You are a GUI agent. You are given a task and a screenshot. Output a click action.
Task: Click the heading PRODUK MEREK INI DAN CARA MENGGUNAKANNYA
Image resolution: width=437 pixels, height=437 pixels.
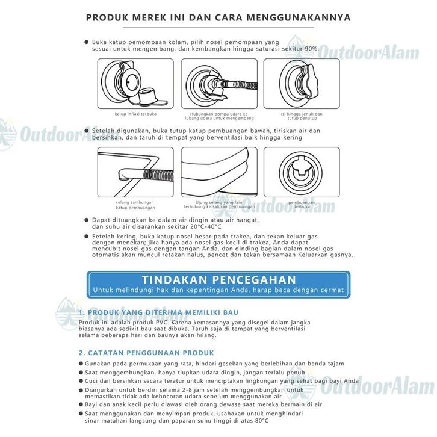[x=218, y=17]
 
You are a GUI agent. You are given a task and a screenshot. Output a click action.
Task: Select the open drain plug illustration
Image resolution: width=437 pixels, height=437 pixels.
[x=302, y=172]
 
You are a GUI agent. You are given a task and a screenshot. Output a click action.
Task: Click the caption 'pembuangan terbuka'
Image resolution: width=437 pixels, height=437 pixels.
[x=302, y=205]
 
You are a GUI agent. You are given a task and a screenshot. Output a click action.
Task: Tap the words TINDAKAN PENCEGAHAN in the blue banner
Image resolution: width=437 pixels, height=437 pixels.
[x=218, y=280]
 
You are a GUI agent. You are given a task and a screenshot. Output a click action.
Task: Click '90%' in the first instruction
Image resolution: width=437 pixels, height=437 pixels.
[x=326, y=48]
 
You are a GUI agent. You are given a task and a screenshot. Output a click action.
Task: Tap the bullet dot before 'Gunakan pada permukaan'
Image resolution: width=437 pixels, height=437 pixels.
[x=81, y=364]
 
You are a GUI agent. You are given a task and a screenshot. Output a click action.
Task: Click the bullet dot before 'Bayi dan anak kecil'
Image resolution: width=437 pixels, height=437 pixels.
[x=81, y=405]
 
